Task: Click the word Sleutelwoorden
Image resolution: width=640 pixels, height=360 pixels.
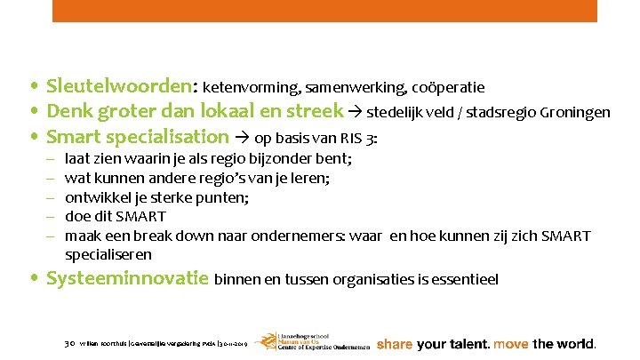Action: [x=120, y=86]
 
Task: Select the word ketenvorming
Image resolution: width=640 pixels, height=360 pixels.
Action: [x=252, y=88]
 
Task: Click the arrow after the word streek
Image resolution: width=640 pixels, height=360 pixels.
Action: [x=354, y=112]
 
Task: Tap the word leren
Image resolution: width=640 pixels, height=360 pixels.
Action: [x=312, y=179]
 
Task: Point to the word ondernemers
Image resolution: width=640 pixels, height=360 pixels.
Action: [x=303, y=236]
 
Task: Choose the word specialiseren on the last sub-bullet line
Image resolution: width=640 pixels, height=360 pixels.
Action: [x=108, y=254]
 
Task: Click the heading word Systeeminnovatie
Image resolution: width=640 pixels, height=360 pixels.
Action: [x=127, y=278]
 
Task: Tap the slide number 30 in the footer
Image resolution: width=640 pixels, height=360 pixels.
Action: [x=70, y=343]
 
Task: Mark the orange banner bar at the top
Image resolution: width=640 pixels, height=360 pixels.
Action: [x=324, y=11]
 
